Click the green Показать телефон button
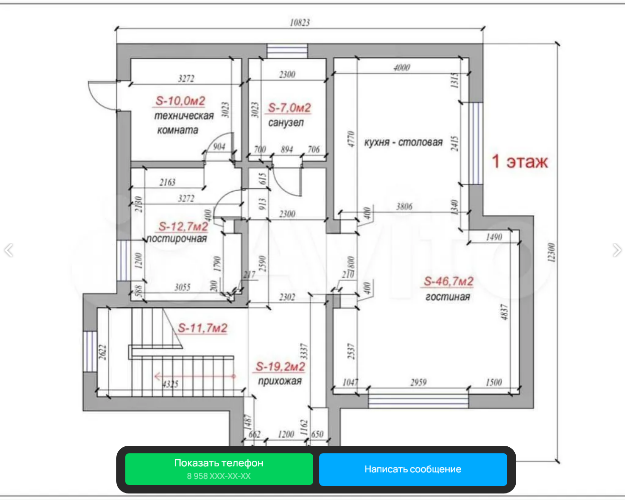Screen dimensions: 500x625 219,469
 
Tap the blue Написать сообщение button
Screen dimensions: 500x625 413,469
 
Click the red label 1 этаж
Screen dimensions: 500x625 520,162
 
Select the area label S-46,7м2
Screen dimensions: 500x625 449,282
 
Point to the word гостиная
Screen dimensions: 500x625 448,297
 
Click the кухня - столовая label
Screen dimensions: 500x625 403,143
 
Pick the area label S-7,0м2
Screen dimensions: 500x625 289,108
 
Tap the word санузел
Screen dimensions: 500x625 286,122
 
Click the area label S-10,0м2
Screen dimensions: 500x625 180,101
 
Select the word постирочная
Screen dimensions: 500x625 177,239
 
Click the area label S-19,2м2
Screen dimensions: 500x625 280,367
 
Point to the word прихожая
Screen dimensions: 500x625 280,381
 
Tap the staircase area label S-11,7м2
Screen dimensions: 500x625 202,328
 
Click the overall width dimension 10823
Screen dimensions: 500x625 300,23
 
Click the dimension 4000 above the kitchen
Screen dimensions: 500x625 401,68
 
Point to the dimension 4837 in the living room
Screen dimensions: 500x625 505,311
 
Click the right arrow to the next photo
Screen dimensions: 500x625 617,250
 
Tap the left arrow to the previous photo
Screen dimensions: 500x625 9,250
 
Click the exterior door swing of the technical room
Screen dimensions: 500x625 101,95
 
